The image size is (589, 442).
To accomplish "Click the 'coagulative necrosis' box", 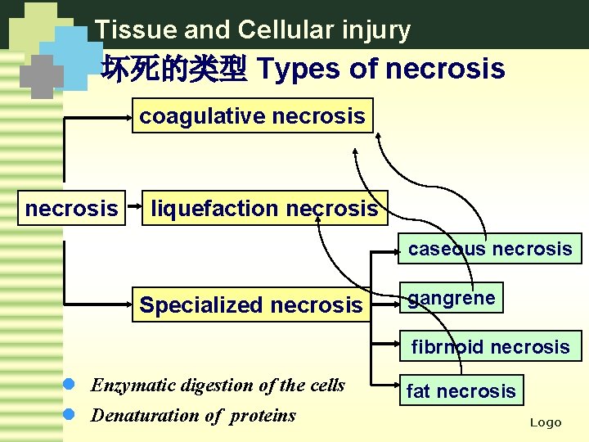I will tap(252, 116).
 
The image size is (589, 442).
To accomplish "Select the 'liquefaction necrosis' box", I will tap(264, 209).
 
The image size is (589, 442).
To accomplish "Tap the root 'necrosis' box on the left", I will tap(71, 209).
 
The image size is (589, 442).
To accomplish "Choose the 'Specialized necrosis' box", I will tap(250, 305).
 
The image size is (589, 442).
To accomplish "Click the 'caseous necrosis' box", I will tap(490, 249).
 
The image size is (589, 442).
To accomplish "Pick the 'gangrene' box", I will tap(451, 298).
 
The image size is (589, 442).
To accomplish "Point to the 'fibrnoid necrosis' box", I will tap(490, 347).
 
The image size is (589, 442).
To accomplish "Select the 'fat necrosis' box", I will tap(461, 391).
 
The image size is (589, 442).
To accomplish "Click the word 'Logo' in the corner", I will tap(546, 422).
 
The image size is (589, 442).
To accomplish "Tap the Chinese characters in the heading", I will tap(173, 70).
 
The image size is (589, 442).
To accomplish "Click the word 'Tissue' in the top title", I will tap(124, 30).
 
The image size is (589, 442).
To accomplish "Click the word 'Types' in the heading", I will tap(299, 70).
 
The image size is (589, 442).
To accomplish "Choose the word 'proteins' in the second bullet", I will tap(263, 416).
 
